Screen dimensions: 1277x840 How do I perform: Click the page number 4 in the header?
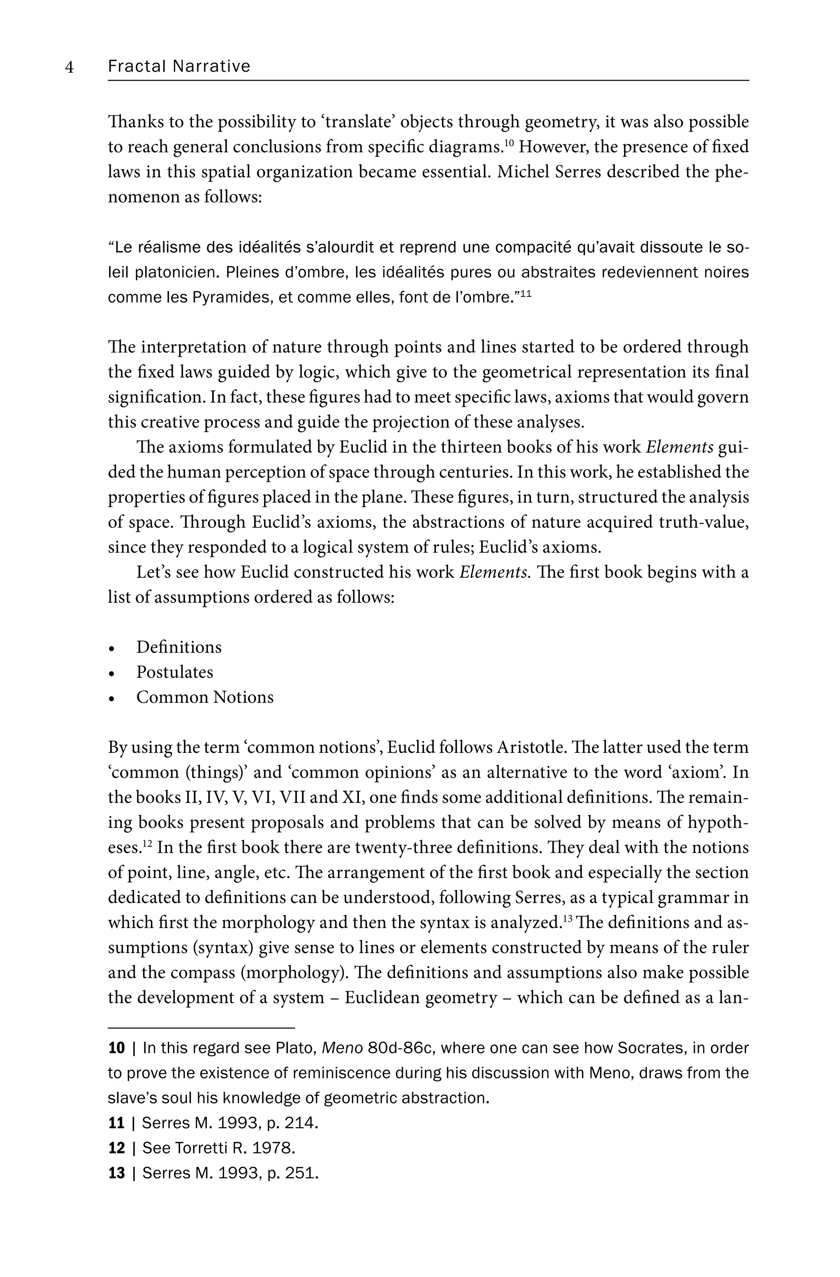69,67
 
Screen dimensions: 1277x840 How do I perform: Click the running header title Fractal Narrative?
179,66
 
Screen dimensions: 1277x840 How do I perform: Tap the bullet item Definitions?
179,647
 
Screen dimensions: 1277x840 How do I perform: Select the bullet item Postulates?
174,672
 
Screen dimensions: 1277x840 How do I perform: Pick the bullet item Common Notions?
205,697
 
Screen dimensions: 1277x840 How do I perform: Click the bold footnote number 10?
116,1048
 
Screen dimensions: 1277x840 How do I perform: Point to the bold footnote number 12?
116,1148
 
